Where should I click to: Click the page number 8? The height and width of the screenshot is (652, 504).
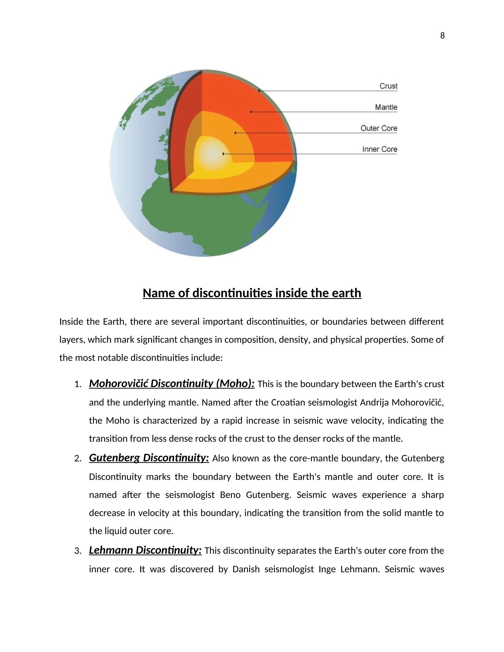[442, 36]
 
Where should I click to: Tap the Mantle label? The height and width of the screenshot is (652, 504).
[386, 107]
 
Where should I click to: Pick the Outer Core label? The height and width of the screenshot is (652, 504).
[378, 128]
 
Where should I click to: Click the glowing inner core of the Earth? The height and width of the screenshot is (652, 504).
[213, 154]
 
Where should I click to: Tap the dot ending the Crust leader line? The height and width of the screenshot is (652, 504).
[259, 91]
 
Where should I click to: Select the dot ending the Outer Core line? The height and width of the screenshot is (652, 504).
[235, 133]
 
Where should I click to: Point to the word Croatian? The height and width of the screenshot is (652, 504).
[288, 403]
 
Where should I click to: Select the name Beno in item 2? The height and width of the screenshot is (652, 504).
[230, 495]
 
